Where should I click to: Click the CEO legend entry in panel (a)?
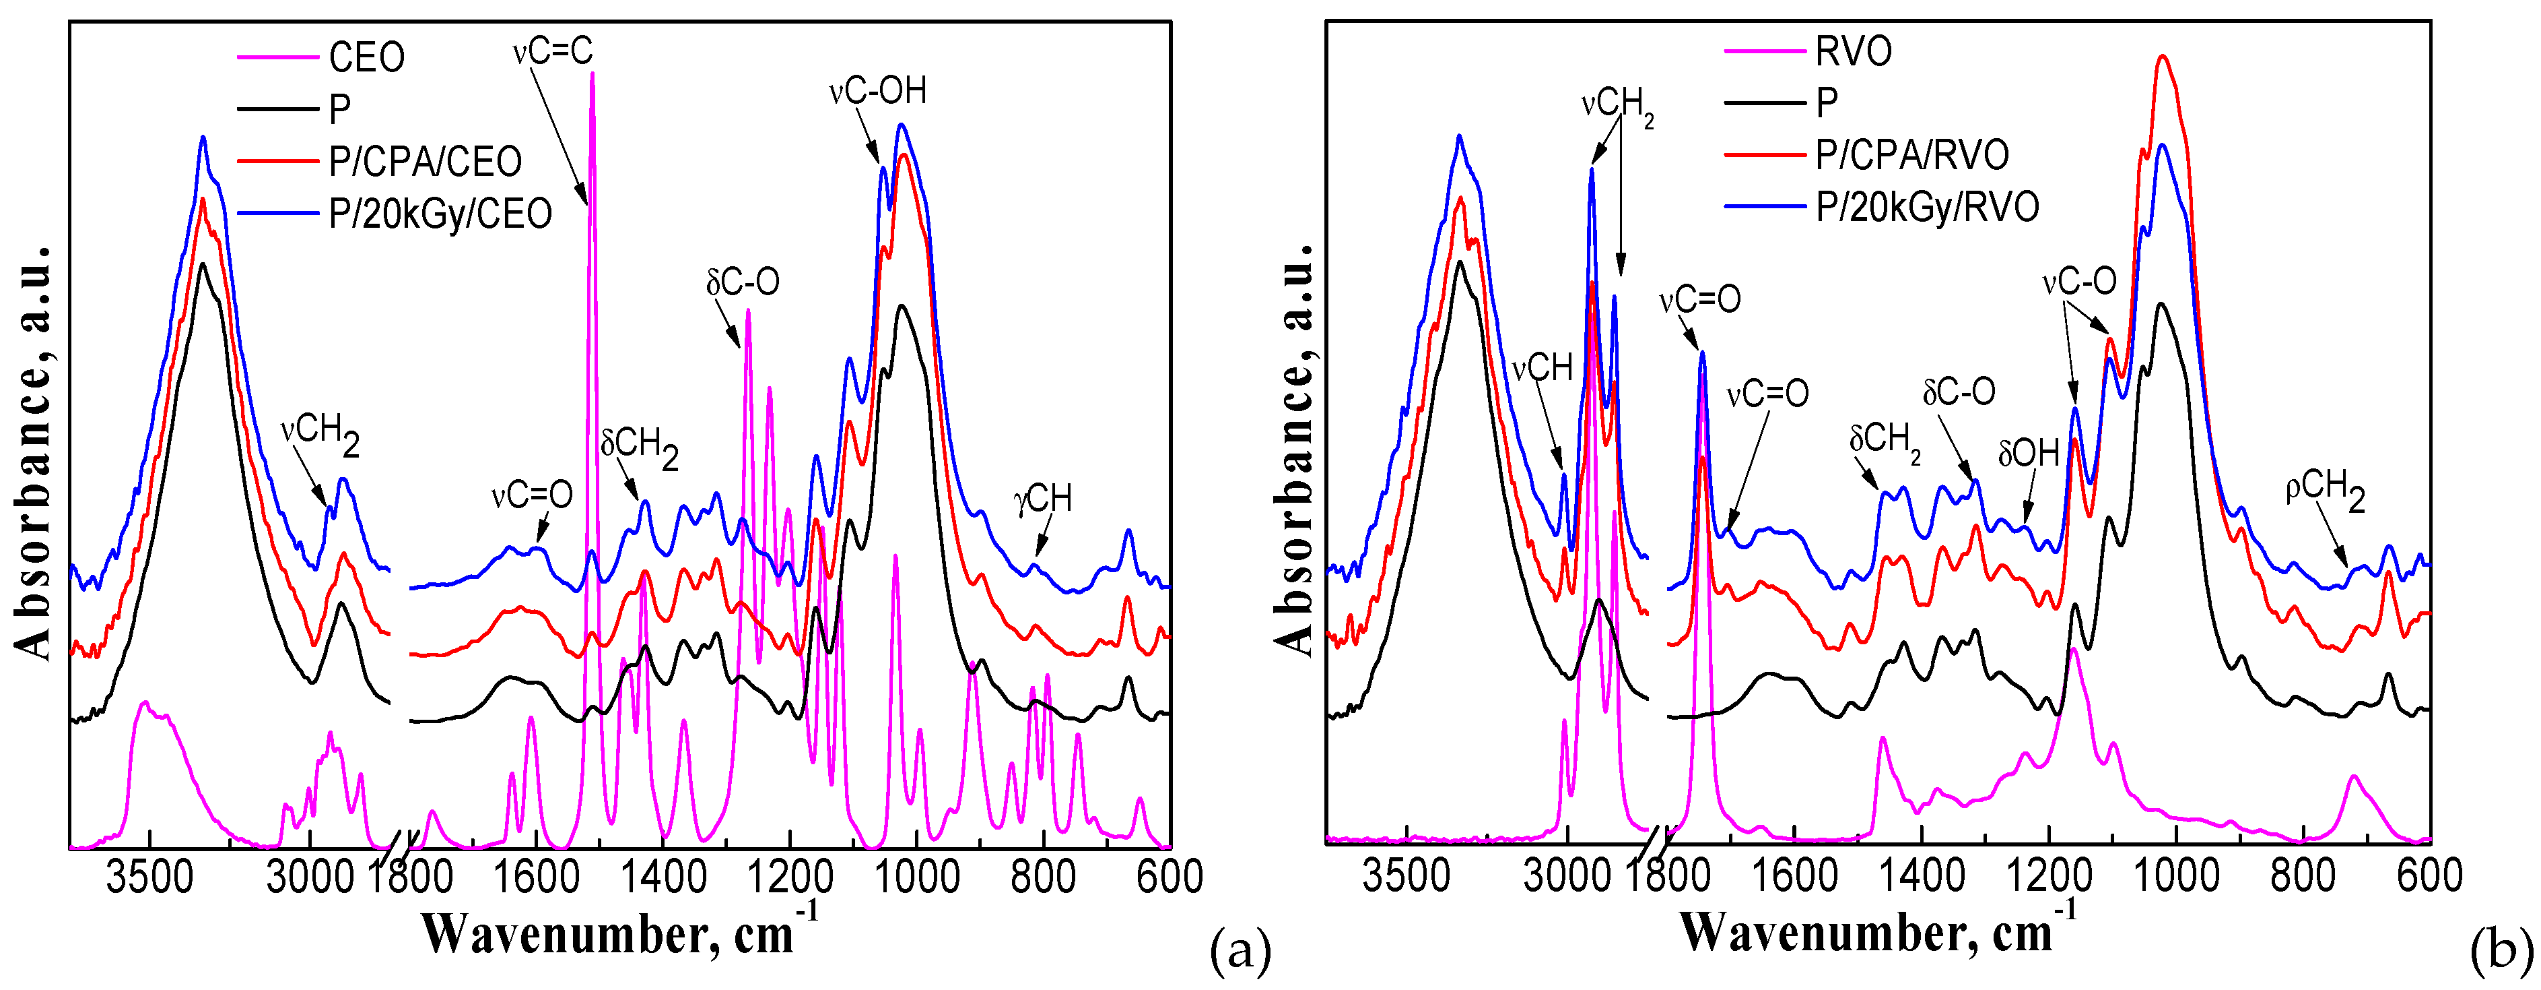(x=366, y=57)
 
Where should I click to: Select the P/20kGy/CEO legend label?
(x=440, y=213)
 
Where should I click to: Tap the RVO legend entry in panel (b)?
(x=1852, y=51)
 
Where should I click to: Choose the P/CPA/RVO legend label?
(x=1911, y=155)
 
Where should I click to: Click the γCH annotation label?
(x=1043, y=499)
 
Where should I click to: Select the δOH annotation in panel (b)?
(x=2028, y=453)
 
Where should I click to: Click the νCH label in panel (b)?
(x=1542, y=368)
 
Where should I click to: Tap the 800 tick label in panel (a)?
(x=1043, y=877)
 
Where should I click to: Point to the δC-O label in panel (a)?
(x=742, y=283)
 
